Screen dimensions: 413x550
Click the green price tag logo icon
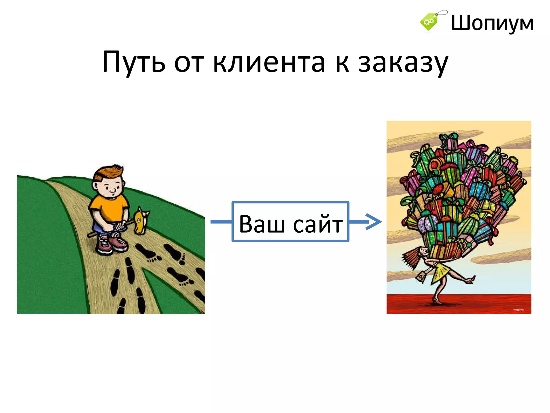click(x=429, y=22)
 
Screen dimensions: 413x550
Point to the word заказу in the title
click(x=403, y=63)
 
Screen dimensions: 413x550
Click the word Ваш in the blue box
click(x=262, y=224)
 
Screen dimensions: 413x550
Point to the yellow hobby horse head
click(x=140, y=220)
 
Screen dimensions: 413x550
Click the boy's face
click(x=111, y=187)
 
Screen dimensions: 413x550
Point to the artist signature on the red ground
click(x=519, y=310)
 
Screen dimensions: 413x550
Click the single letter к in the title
click(x=342, y=63)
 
